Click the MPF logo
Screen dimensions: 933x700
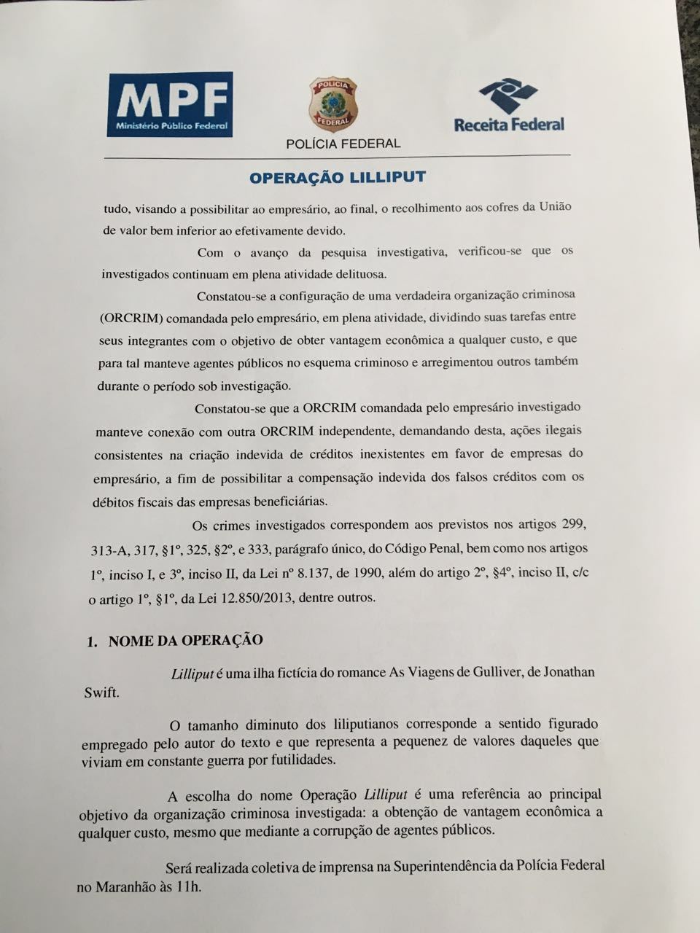point(170,104)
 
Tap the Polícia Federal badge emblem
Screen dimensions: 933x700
point(333,104)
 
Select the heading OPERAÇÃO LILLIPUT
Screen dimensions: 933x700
point(337,177)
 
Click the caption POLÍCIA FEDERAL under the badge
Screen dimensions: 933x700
point(343,144)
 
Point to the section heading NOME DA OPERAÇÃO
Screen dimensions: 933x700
point(185,641)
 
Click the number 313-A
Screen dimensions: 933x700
point(109,549)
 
